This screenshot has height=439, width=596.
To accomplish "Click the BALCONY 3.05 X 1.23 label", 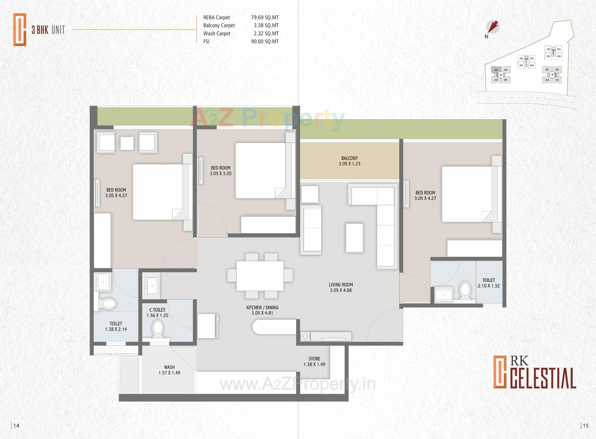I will click(349, 161).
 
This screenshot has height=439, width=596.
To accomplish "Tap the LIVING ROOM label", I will click(341, 287).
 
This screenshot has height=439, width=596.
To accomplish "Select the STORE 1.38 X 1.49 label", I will click(314, 361).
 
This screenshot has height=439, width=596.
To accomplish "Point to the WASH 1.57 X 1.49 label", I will click(169, 370).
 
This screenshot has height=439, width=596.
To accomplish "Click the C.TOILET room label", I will click(157, 312).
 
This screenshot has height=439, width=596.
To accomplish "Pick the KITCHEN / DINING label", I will click(262, 310).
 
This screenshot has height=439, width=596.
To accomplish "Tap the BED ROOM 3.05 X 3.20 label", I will click(220, 170).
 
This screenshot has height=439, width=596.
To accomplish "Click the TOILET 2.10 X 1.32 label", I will click(489, 283).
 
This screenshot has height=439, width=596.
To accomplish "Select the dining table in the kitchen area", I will click(260, 276).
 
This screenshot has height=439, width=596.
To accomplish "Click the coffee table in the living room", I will click(354, 238).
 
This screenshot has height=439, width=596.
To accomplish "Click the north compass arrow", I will click(493, 27).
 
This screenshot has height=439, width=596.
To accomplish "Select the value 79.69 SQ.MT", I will click(265, 17).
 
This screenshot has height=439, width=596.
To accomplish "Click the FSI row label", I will click(206, 41).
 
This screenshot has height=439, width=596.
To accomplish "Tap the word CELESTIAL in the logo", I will click(543, 378).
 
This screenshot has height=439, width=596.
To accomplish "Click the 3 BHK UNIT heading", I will click(48, 30).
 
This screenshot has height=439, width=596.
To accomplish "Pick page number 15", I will click(585, 426).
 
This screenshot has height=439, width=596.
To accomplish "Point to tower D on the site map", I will click(500, 75).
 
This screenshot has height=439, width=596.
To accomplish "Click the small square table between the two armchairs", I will click(127, 143).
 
